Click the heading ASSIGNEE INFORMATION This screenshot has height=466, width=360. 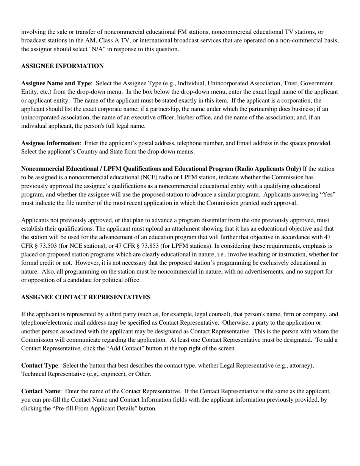pos(62,66)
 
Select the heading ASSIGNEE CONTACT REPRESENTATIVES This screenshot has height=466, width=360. pos(86,297)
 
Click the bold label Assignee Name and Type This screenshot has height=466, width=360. pos(56,83)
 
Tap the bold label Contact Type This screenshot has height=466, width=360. pos(39,366)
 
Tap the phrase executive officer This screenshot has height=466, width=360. pos(153,117)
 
